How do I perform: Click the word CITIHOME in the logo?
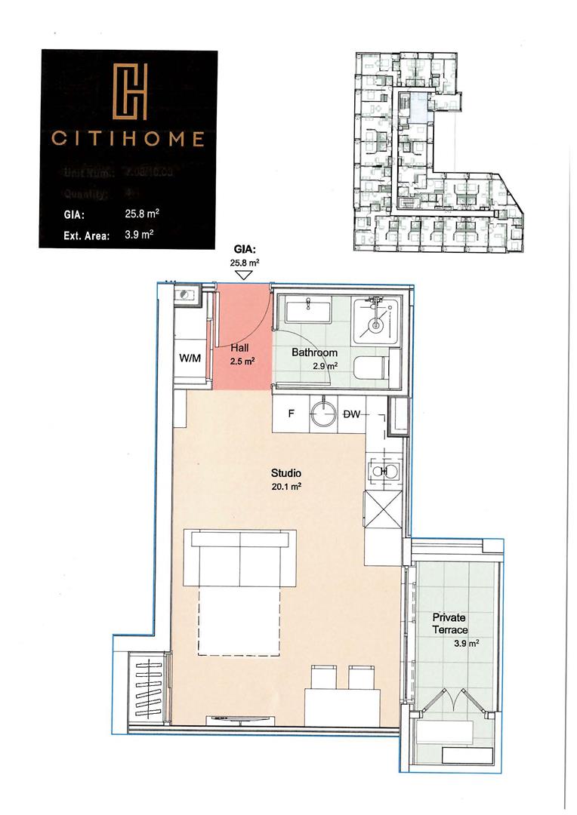(x=128, y=139)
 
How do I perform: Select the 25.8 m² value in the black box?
(x=141, y=214)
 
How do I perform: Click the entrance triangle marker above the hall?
(x=243, y=275)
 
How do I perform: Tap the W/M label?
(x=190, y=358)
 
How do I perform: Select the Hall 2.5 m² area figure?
(x=242, y=361)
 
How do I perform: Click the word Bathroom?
(x=315, y=352)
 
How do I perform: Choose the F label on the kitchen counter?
(x=291, y=414)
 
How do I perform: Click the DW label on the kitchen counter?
(x=352, y=414)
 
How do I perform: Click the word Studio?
(x=286, y=474)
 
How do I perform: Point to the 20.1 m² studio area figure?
(x=287, y=487)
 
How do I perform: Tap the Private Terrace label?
(x=450, y=623)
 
